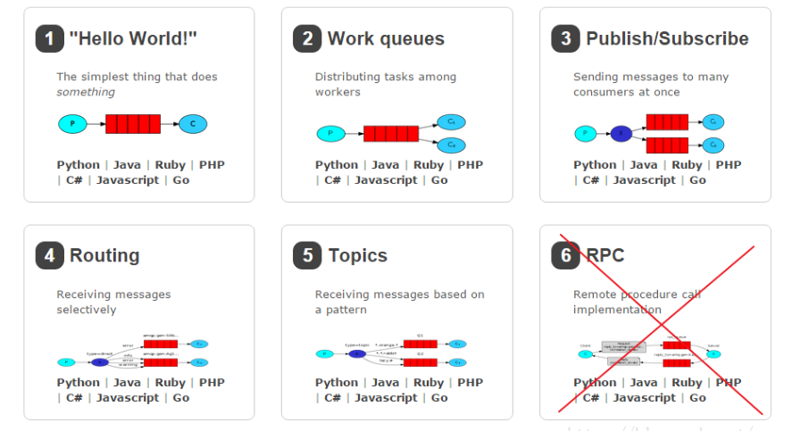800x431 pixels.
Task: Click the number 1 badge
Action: click(50, 38)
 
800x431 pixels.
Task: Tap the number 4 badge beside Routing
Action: click(50, 255)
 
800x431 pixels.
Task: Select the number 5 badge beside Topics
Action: click(308, 255)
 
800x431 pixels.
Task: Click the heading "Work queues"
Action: click(386, 38)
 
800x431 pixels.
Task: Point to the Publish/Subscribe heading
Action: click(667, 38)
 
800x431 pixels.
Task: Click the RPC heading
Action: click(605, 255)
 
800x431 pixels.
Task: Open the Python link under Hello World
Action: click(78, 164)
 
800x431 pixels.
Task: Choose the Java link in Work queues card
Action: click(386, 164)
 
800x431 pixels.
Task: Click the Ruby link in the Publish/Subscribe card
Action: click(687, 164)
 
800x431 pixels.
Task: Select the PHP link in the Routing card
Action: click(212, 382)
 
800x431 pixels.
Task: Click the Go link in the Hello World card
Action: click(181, 179)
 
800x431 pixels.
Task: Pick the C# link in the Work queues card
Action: click(332, 179)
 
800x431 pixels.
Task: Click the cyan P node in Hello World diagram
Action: click(72, 123)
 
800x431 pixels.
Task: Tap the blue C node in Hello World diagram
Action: click(193, 123)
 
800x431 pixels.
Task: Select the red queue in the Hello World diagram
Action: click(133, 123)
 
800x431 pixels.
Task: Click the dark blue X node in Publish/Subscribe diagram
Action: click(621, 134)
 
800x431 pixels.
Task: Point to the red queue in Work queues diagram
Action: click(391, 134)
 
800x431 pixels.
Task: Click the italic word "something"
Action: click(86, 92)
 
